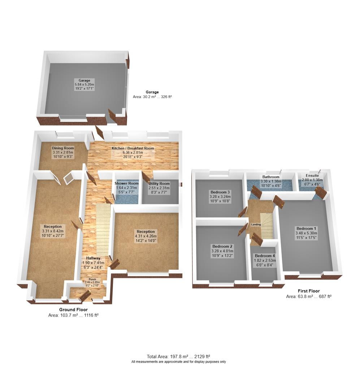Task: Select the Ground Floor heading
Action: (73, 310)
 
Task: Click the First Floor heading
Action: (309, 291)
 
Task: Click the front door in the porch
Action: (85, 296)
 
